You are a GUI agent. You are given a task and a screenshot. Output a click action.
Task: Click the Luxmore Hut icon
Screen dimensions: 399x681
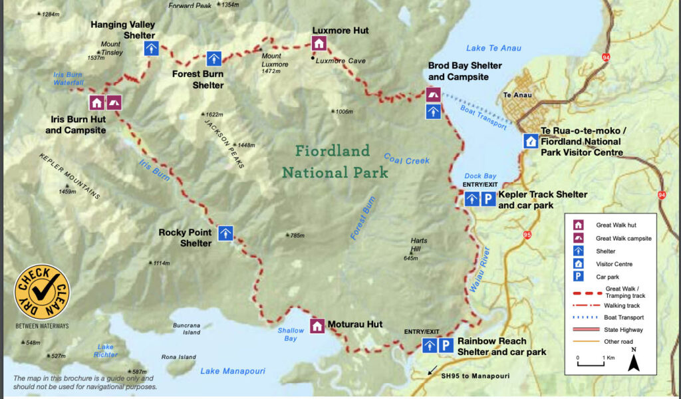319,44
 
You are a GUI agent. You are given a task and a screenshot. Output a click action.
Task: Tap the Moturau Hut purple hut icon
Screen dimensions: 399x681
317,326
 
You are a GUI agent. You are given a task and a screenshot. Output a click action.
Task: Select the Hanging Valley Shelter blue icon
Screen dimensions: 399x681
152,48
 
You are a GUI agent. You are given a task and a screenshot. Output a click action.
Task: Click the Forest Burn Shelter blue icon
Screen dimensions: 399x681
213,59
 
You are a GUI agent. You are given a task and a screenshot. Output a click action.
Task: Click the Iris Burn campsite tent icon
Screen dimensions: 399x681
114,102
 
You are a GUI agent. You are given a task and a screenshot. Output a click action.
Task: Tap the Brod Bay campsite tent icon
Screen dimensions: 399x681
433,94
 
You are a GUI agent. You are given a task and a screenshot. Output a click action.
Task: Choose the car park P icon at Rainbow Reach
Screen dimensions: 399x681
446,345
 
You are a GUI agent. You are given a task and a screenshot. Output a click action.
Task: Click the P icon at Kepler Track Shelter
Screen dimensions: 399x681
488,198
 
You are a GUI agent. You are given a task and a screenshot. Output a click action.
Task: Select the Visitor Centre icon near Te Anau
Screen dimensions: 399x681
531,141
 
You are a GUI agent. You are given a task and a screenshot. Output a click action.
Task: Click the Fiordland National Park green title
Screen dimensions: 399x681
335,162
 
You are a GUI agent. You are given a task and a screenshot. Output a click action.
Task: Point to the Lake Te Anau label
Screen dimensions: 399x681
493,48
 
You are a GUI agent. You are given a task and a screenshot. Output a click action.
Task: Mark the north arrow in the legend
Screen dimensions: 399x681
634,360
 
